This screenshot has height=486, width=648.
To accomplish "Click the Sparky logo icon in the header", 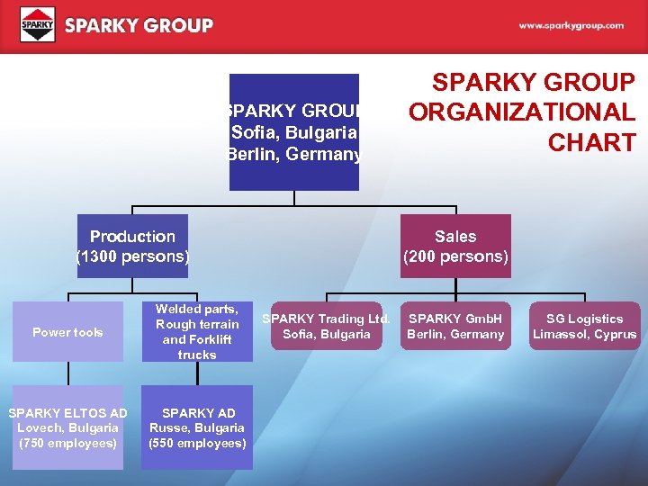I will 37,25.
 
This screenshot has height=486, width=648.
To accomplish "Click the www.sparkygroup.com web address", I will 571,26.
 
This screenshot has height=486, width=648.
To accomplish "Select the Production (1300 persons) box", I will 132,246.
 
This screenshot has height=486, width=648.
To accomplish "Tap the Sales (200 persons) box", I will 455,246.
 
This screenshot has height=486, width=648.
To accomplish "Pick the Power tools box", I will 67,332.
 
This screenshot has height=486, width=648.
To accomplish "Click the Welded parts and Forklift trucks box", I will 197,331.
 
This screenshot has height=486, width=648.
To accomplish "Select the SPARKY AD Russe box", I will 197,428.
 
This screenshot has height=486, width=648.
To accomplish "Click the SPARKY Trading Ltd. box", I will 326,327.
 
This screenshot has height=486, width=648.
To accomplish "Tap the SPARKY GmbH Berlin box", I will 455,327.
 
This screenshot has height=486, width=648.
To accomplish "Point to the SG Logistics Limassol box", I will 584,327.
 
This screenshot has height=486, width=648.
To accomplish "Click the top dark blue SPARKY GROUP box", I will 294,132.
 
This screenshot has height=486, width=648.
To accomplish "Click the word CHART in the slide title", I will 595,143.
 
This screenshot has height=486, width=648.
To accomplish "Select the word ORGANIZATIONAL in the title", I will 521,112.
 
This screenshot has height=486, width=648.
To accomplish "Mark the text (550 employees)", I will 197,444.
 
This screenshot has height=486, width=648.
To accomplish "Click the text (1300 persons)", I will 132,256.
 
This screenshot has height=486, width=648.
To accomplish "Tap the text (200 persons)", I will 455,256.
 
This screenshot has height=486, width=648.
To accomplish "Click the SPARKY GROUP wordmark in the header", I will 139,26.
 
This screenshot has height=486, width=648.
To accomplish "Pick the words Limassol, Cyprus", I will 584,335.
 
